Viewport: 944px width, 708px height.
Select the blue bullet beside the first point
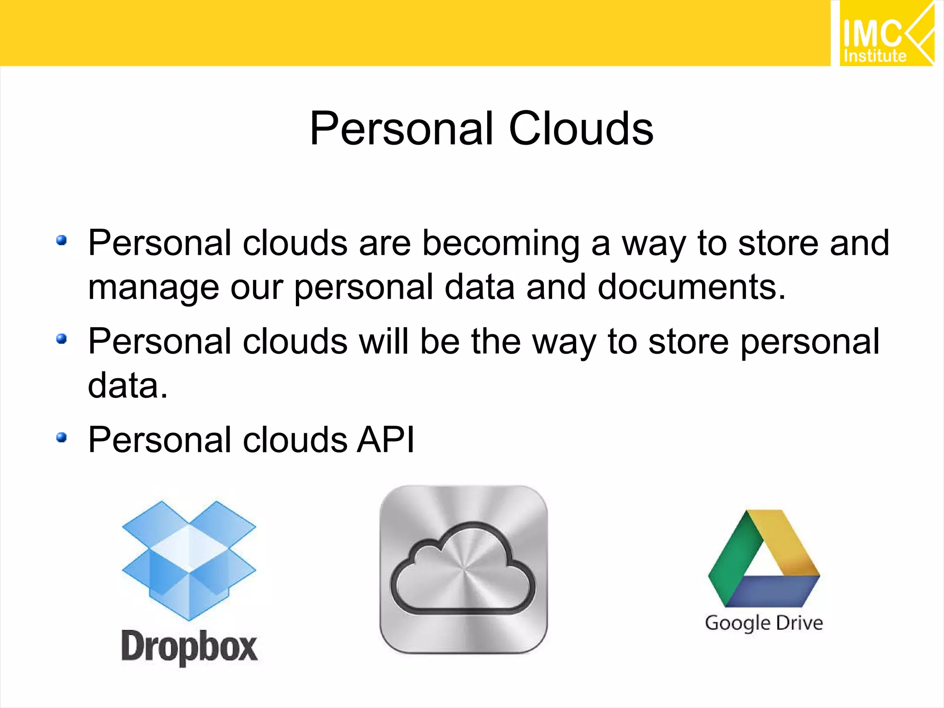pyautogui.click(x=61, y=240)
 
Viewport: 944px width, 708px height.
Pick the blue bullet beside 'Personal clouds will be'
pyautogui.click(x=61, y=339)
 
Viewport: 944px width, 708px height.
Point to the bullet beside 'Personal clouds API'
pyautogui.click(x=61, y=437)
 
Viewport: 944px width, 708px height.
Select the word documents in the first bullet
pyautogui.click(x=691, y=287)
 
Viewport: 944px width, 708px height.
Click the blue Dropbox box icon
pyautogui.click(x=189, y=560)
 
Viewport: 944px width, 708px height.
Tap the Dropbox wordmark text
pyautogui.click(x=189, y=647)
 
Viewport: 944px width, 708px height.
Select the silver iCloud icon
pyautogui.click(x=463, y=569)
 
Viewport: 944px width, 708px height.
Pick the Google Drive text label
pyautogui.click(x=764, y=623)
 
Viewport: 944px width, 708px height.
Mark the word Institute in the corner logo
pyautogui.click(x=875, y=56)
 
